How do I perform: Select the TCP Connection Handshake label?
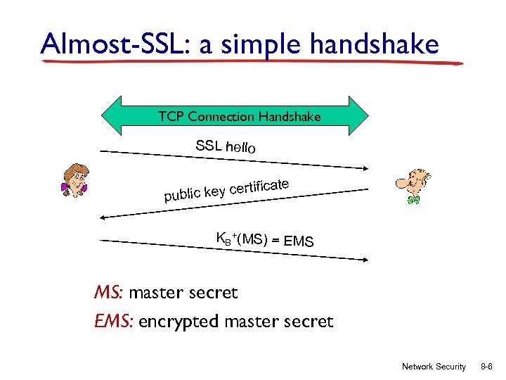(239, 116)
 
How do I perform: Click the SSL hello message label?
(226, 147)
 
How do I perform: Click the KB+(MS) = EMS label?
(264, 241)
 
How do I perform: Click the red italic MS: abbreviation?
(109, 292)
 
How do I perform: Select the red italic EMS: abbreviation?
(115, 322)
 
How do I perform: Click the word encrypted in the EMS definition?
(179, 322)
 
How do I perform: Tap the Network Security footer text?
(433, 367)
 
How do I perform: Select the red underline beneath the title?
(253, 61)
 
